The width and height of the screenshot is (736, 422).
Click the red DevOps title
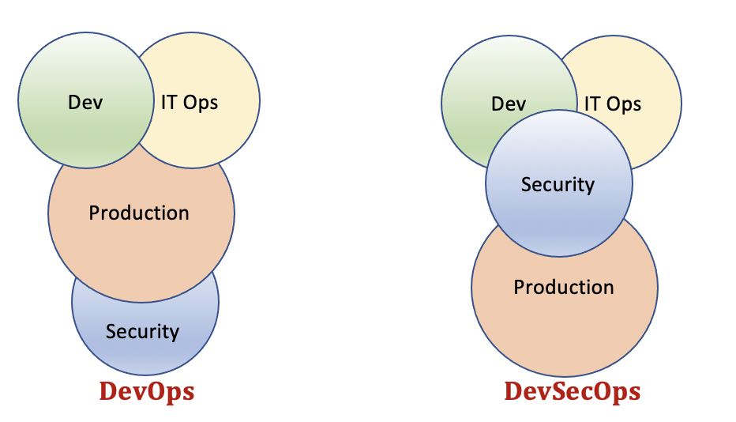147,391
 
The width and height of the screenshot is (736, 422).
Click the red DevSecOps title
573,391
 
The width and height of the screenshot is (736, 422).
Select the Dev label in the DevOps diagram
85,102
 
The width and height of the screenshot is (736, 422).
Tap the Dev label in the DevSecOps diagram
509,104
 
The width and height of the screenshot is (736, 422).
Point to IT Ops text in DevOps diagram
190,102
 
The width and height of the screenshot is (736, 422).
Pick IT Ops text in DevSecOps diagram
613,104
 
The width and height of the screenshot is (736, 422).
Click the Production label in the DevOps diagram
139,213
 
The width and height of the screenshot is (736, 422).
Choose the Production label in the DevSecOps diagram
564,287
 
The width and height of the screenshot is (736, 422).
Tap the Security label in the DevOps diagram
142,332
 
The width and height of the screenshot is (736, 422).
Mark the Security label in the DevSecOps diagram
558,185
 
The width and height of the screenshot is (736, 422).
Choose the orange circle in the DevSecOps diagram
564,324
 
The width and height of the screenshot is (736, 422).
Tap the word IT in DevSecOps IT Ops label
591,104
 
